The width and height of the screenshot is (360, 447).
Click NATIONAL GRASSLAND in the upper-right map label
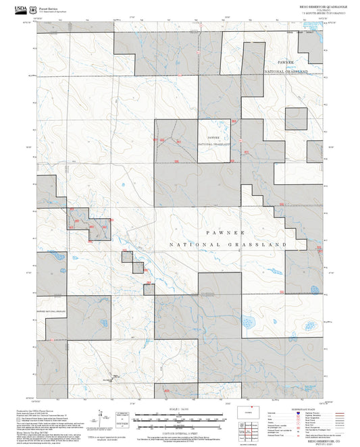pyautogui.click(x=286, y=71)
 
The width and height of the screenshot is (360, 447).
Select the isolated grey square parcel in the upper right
pyautogui.click(x=296, y=119)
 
